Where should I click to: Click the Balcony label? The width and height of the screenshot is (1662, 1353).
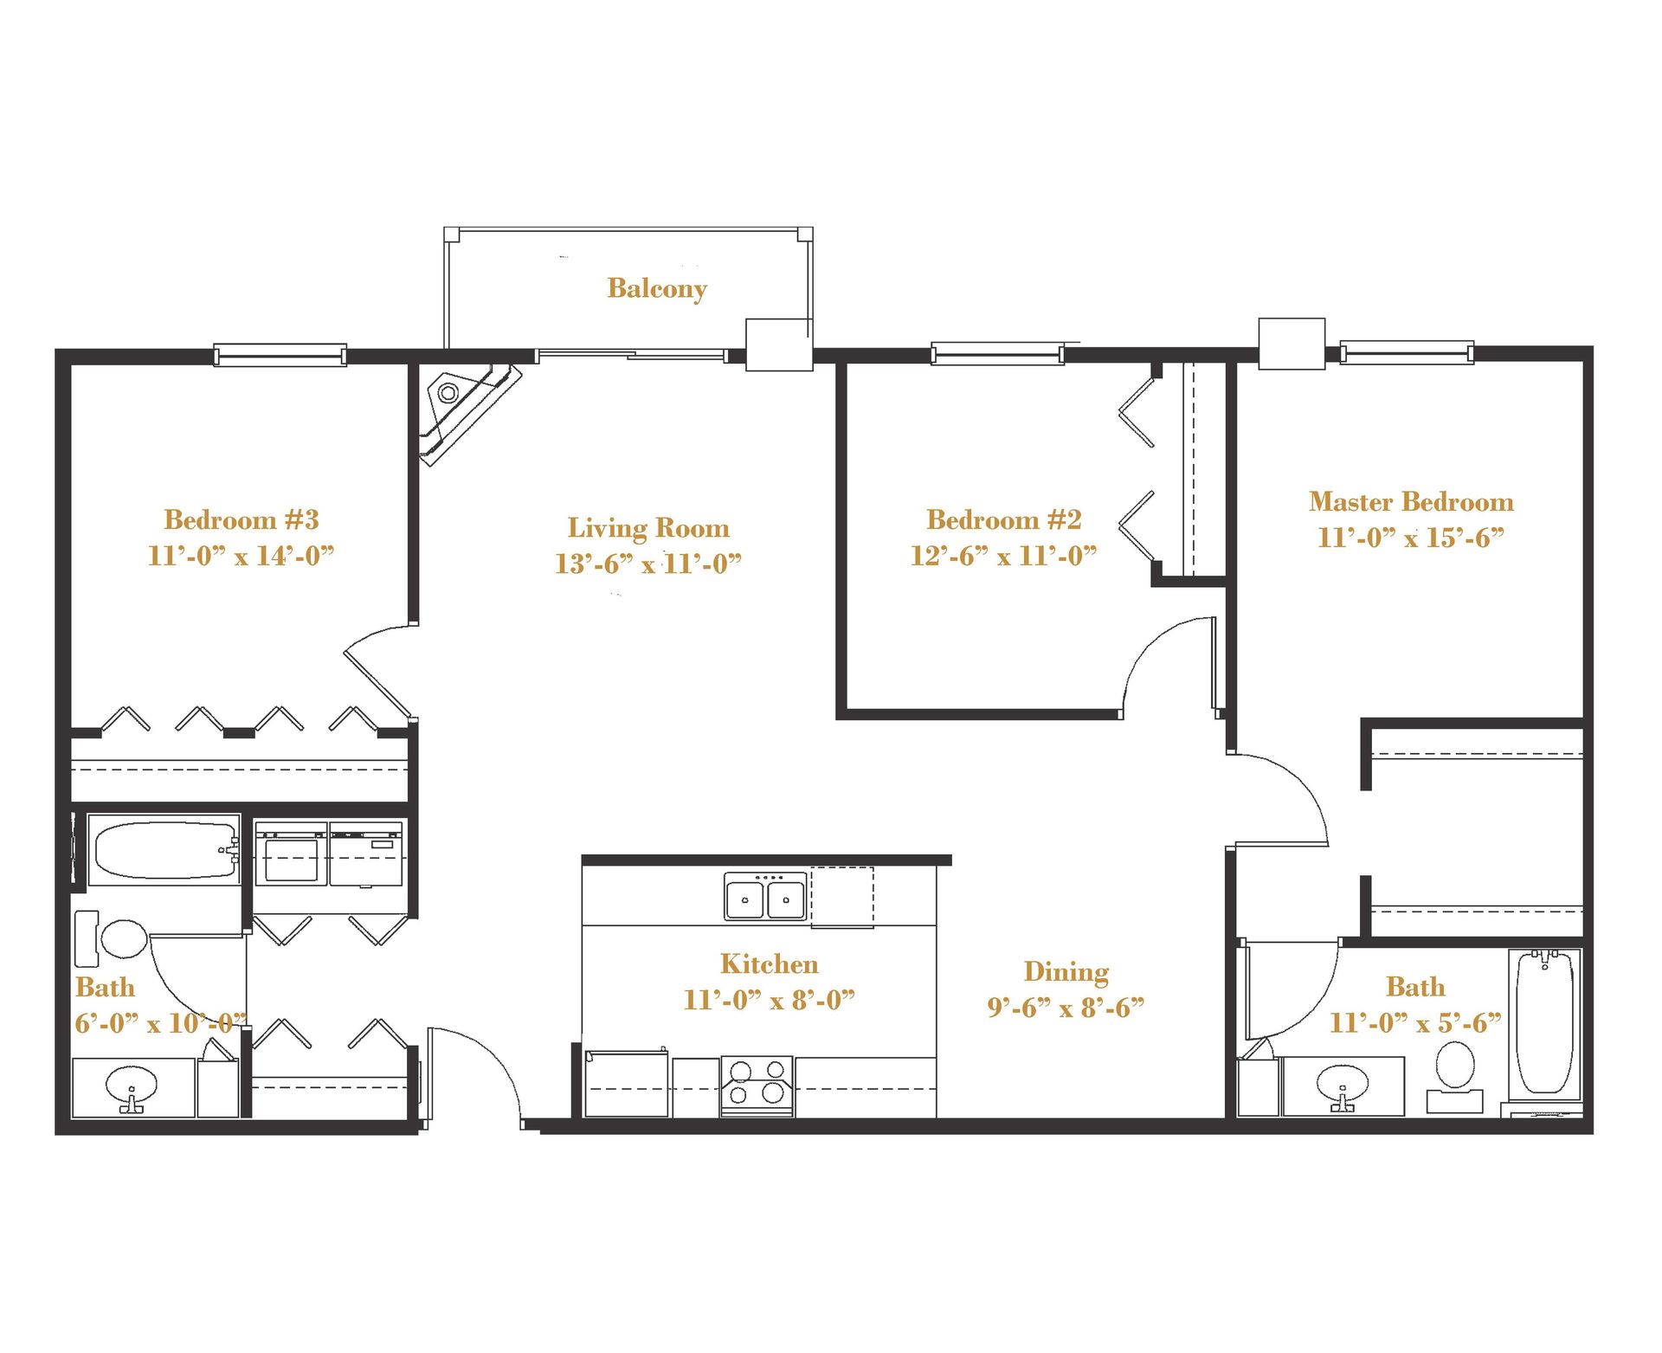tap(657, 288)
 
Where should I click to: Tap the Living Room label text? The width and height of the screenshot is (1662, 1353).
tap(648, 527)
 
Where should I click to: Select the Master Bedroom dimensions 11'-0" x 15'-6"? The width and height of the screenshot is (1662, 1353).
tap(1411, 538)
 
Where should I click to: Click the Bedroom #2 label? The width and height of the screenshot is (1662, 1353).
tap(1004, 519)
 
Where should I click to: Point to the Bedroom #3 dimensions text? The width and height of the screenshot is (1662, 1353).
tap(241, 556)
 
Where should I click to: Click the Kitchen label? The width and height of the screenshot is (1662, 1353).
tap(769, 964)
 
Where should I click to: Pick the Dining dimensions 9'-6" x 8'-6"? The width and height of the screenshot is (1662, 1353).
tap(1066, 1008)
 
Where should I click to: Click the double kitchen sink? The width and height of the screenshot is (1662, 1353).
tap(765, 897)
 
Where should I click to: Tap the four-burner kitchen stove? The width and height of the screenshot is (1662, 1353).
tap(757, 1086)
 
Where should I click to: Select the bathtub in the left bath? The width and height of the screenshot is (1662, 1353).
tap(164, 849)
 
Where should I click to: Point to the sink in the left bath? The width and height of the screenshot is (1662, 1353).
tap(132, 1086)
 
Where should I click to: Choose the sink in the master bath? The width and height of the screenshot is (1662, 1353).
tap(1343, 1086)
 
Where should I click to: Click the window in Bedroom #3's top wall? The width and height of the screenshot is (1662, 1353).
tap(280, 355)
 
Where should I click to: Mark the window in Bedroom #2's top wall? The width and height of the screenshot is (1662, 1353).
tap(997, 354)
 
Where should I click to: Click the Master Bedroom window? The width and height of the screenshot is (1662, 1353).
tap(1407, 352)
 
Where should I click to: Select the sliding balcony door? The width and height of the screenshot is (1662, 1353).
tap(632, 354)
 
